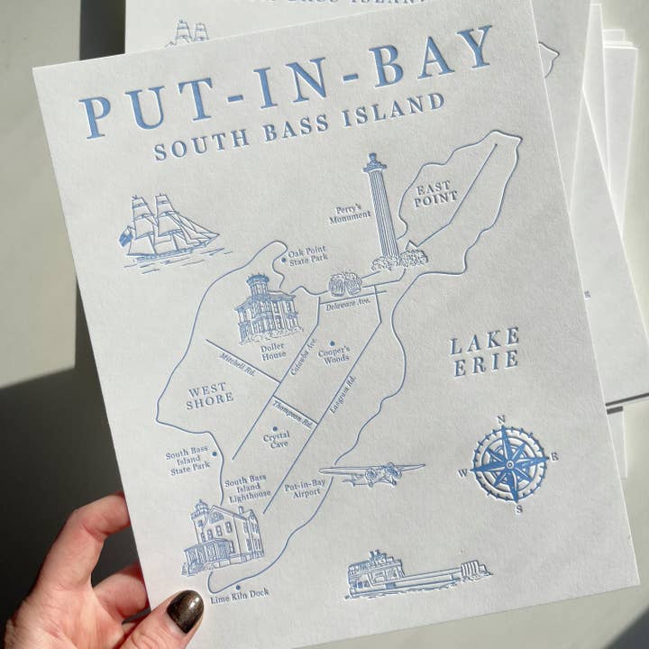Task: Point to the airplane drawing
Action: [371, 473]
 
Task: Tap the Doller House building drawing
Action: [265, 309]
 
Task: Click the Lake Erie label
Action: [485, 352]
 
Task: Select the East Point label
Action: [436, 194]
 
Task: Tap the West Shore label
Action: [210, 397]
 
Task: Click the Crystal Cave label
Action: [276, 440]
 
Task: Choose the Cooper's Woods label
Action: [336, 353]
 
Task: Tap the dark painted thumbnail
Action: [185, 610]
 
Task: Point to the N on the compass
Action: [501, 418]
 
